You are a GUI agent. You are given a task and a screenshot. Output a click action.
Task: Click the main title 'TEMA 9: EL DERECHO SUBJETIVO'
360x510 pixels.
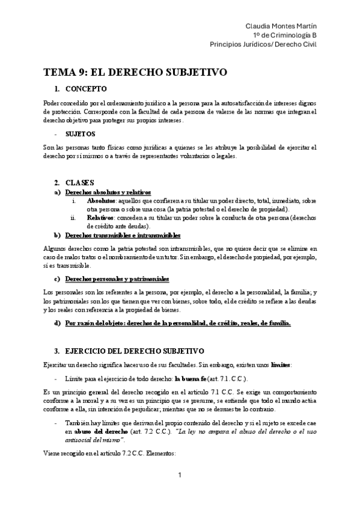pyautogui.click(x=135, y=73)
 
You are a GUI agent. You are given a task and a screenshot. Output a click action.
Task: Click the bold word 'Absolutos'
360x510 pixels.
pyautogui.click(x=100, y=200)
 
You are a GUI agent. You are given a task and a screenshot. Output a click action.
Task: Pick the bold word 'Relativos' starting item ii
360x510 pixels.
pyautogui.click(x=100, y=217)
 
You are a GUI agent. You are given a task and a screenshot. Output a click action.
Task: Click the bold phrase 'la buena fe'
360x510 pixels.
pyautogui.click(x=193, y=379)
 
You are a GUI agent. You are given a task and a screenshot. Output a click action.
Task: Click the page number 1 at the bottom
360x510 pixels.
pyautogui.click(x=180, y=493)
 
